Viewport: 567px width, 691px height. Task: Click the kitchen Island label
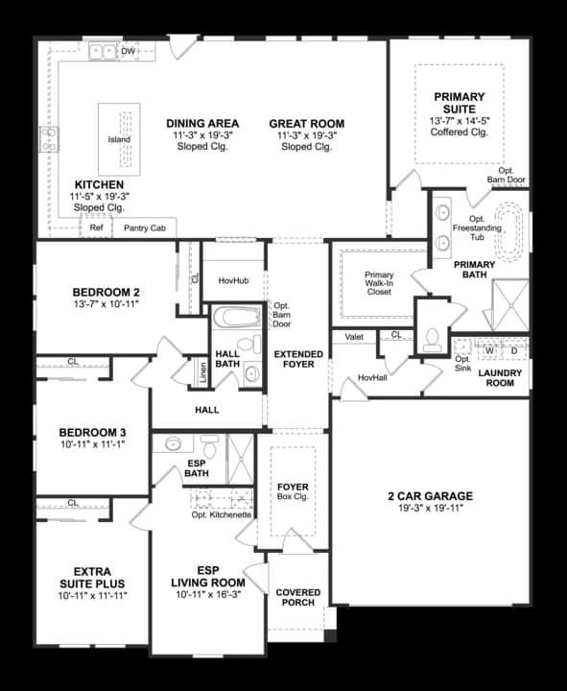click(119, 140)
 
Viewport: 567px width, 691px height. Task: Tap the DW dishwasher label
click(129, 50)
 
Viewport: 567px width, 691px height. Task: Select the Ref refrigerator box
click(96, 228)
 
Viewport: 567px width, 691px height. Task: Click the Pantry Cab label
click(145, 228)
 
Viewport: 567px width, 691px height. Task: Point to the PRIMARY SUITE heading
click(459, 103)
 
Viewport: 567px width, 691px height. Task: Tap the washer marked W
click(487, 350)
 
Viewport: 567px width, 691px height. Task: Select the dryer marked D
click(513, 350)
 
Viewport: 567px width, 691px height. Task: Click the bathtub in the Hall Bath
click(232, 318)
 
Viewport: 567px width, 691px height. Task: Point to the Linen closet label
click(202, 371)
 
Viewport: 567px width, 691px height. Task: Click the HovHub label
click(233, 280)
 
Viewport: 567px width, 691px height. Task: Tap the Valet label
click(354, 336)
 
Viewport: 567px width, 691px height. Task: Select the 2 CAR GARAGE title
click(430, 496)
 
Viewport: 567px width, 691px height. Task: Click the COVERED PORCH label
click(297, 598)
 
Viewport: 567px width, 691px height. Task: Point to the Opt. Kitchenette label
click(222, 514)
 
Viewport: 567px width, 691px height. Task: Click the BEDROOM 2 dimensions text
click(106, 306)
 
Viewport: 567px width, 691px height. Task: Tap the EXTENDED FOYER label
click(298, 360)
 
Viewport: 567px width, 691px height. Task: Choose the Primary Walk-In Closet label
click(379, 283)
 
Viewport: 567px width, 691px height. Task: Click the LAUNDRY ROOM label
click(501, 377)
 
